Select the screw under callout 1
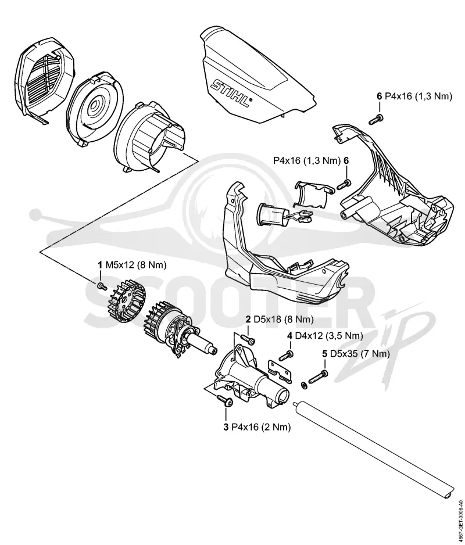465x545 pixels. pyautogui.click(x=102, y=286)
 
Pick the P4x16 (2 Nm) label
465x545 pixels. pyautogui.click(x=261, y=427)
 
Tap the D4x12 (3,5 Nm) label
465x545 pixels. pyautogui.click(x=328, y=336)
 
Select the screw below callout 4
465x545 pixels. pyautogui.click(x=287, y=356)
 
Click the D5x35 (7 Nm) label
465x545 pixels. pyautogui.click(x=360, y=354)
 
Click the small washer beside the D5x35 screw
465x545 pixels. pyautogui.click(x=303, y=385)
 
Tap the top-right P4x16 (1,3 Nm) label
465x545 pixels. pyautogui.click(x=419, y=96)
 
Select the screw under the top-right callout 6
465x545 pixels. pyautogui.click(x=376, y=119)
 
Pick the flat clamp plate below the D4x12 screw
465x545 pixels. pyautogui.click(x=280, y=370)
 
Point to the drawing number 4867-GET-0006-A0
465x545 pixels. pyautogui.click(x=461, y=521)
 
